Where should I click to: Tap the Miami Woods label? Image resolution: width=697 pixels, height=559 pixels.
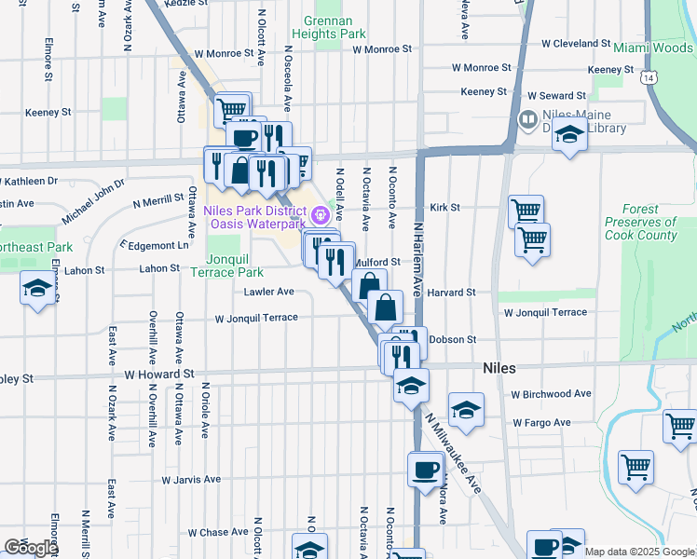tap(653, 48)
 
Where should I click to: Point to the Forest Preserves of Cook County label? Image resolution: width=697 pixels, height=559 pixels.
tap(640, 229)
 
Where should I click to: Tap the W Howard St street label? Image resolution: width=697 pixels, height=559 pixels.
tap(158, 374)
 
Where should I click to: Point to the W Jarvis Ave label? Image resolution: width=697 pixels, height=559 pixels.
tap(191, 480)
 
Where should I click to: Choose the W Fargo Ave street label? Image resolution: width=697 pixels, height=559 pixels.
tap(541, 423)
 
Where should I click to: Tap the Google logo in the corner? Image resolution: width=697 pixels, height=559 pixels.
tap(30, 548)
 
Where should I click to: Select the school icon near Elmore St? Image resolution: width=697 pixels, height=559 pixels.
tap(37, 289)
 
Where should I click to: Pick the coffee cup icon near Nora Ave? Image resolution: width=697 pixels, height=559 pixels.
tap(425, 469)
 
